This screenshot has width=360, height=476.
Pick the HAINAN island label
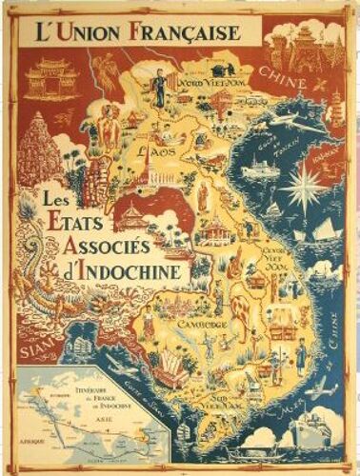coord(328,151)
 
